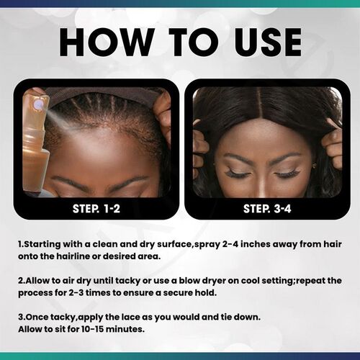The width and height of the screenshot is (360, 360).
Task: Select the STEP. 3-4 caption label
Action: [264, 209]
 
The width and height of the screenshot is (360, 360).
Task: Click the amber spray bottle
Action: [35, 151]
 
